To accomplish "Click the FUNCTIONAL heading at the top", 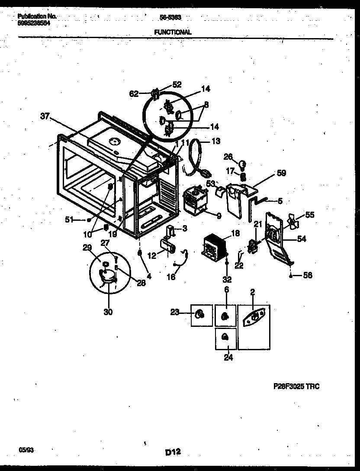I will (173, 32).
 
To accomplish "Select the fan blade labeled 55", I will (294, 222).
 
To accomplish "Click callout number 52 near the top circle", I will (177, 84).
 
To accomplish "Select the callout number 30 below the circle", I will (108, 311).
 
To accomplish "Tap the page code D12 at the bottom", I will (172, 452).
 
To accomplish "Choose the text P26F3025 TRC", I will (296, 386).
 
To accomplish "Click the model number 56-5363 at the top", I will (172, 17).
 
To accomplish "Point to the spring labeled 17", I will (243, 177).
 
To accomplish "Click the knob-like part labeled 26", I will (243, 164).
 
